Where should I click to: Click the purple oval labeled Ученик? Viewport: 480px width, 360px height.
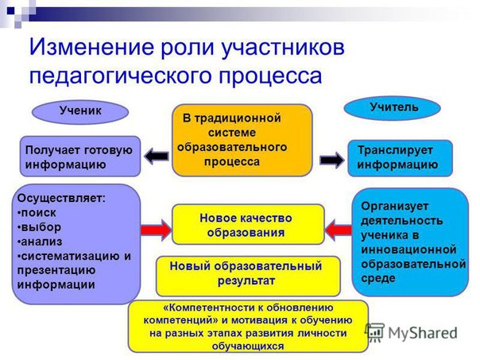click(80, 111)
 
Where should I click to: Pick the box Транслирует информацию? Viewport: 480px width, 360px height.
click(400, 157)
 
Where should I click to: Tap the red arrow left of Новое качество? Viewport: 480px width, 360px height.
click(156, 230)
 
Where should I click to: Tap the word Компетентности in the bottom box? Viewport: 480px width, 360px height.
click(198, 307)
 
